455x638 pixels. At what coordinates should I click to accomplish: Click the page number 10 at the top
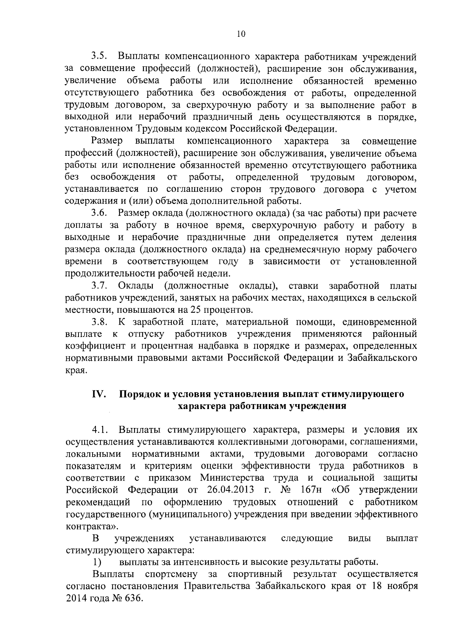[x=241, y=34]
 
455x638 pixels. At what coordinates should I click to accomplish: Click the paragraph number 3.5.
[x=100, y=57]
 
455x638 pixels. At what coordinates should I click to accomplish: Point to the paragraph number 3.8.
[x=100, y=322]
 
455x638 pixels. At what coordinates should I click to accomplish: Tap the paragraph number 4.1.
[x=100, y=430]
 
